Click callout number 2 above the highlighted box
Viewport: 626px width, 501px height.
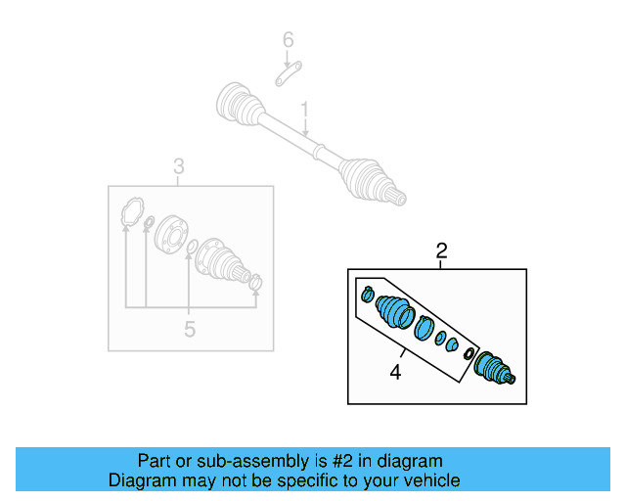(441, 252)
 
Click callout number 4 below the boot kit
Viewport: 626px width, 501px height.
(396, 372)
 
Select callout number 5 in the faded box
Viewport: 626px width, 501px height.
(190, 330)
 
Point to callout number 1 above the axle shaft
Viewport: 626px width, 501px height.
(305, 109)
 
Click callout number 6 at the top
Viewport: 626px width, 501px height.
(288, 40)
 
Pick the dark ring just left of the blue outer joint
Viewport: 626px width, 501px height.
(469, 353)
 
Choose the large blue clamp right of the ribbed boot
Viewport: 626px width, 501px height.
(424, 328)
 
